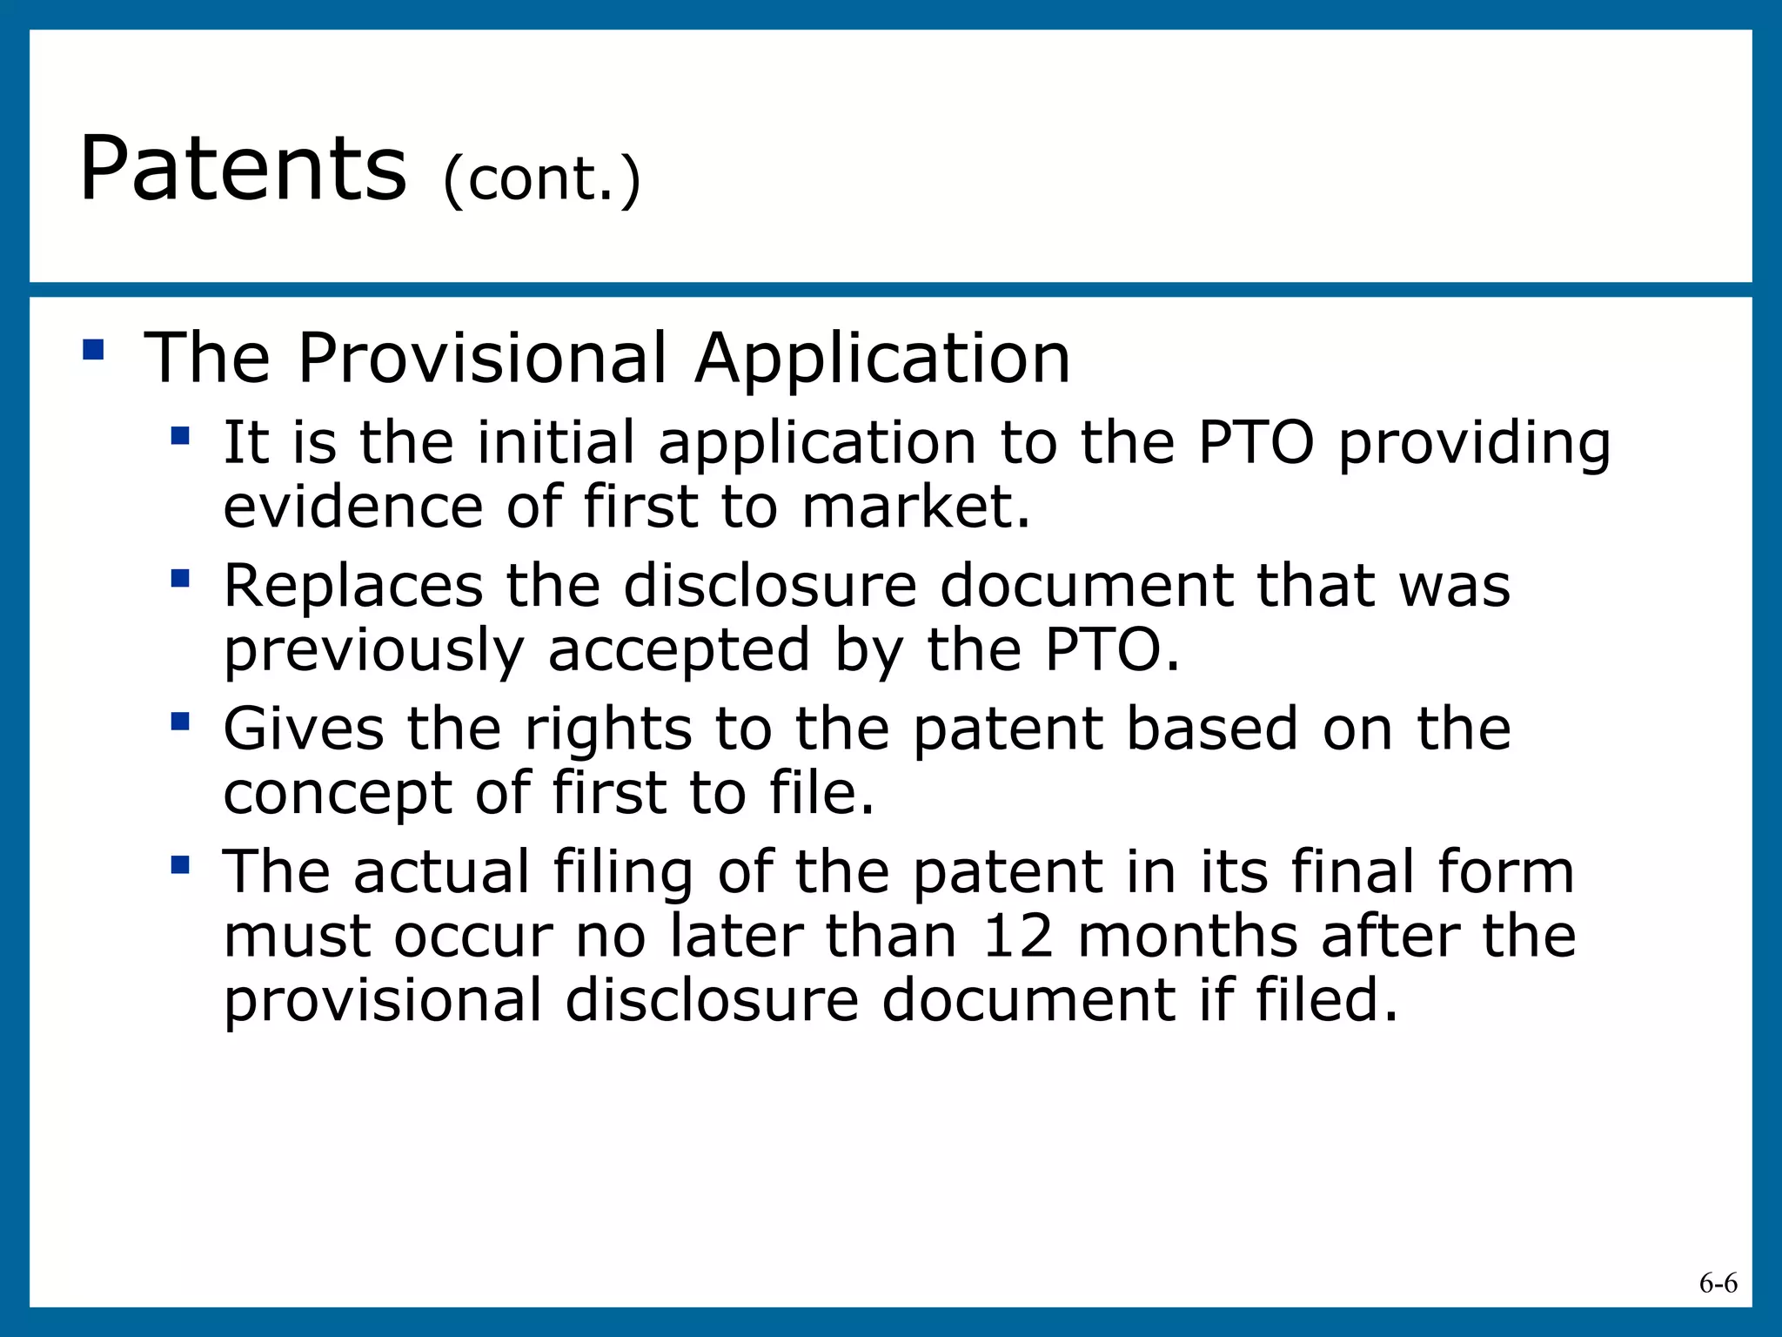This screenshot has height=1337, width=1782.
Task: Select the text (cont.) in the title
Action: coord(541,179)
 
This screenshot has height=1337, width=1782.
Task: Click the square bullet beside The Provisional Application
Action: coord(93,350)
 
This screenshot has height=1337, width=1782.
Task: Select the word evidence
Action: coord(353,507)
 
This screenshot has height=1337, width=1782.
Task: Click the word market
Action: coord(915,507)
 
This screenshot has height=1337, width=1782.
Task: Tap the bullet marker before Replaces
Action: coord(180,578)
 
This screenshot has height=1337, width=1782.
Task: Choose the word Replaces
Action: coord(353,585)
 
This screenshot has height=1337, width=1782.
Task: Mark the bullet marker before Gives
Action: coord(180,722)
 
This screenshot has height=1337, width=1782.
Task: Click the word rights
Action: coord(608,729)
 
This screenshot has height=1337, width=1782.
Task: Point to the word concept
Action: coord(338,793)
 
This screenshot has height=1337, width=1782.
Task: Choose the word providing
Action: coord(1474,444)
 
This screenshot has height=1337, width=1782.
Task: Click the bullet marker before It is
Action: coord(180,435)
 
